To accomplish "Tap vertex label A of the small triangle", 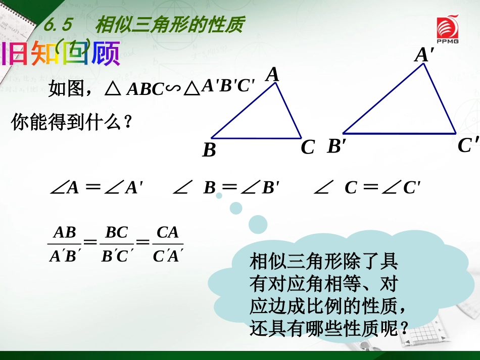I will point(273,75).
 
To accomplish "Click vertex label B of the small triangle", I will point(209,150).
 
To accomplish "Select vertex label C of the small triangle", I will point(308,147).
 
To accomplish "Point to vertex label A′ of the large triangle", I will point(425,55).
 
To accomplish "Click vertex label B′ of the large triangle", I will point(337,146).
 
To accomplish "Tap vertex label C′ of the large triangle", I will point(468,145).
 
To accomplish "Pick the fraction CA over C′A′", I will point(168,244).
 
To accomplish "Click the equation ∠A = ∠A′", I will point(97,188).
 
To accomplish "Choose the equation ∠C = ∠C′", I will point(367,188).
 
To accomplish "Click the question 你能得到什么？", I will point(71,123).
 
